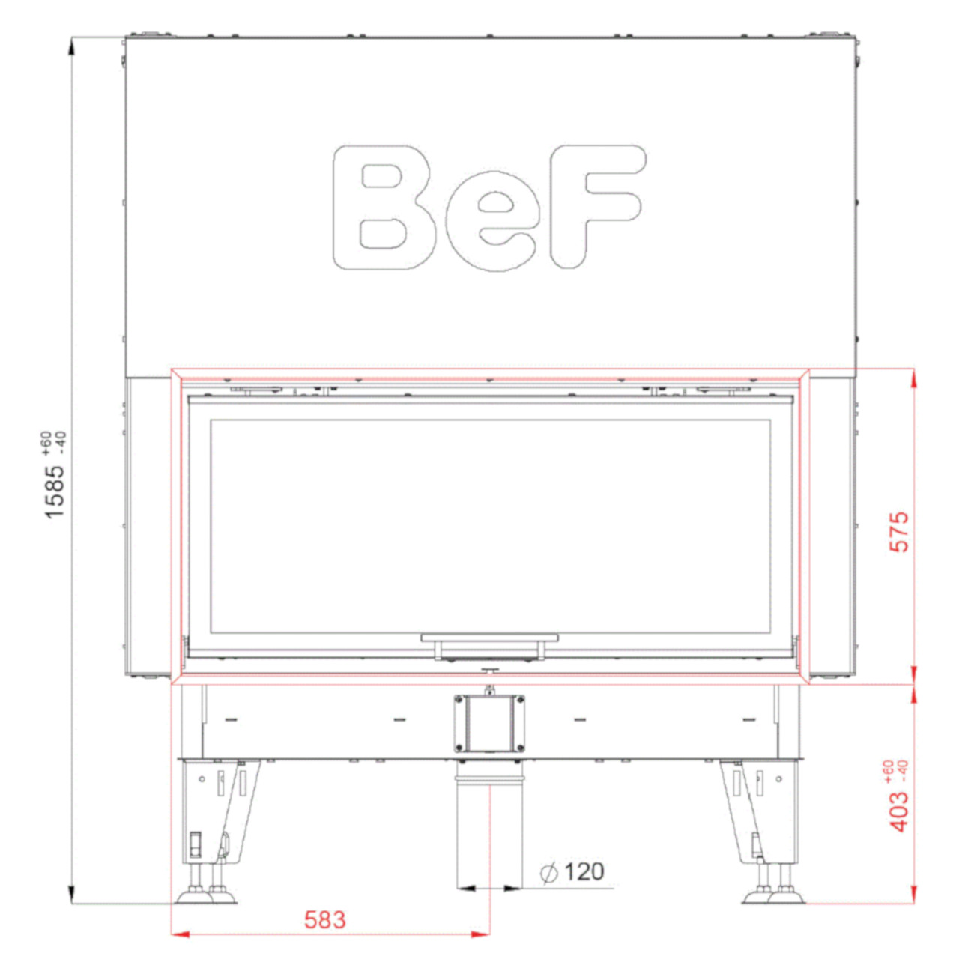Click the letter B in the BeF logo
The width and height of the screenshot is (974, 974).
[x=384, y=208]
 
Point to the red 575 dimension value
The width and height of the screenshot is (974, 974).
[x=899, y=532]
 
